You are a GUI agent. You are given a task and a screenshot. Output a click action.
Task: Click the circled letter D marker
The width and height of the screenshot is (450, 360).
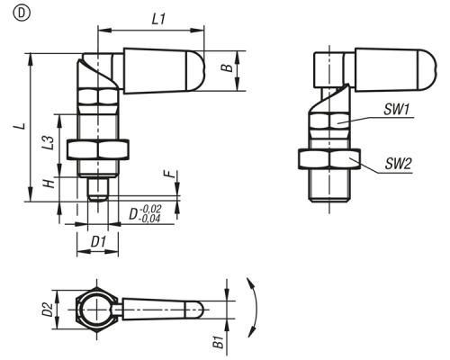[22, 13]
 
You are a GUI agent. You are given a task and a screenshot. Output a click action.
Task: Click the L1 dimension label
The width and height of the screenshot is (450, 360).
[158, 20]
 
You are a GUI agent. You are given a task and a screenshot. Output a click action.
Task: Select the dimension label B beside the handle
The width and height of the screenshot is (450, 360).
[228, 67]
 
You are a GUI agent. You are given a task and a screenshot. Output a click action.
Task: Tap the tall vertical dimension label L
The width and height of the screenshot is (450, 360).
[20, 125]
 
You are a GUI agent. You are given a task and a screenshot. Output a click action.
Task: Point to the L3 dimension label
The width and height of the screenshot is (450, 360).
[49, 143]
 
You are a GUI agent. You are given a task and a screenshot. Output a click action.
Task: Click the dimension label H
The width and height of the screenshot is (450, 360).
[49, 183]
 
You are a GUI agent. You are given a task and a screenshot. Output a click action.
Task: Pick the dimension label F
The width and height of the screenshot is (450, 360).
[170, 174]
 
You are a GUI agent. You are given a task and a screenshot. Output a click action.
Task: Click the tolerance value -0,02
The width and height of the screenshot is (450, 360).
[150, 209]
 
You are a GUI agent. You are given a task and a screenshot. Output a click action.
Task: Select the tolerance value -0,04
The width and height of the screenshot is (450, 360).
[149, 219]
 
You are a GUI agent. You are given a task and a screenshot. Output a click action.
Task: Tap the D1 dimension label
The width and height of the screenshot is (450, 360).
[98, 242]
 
